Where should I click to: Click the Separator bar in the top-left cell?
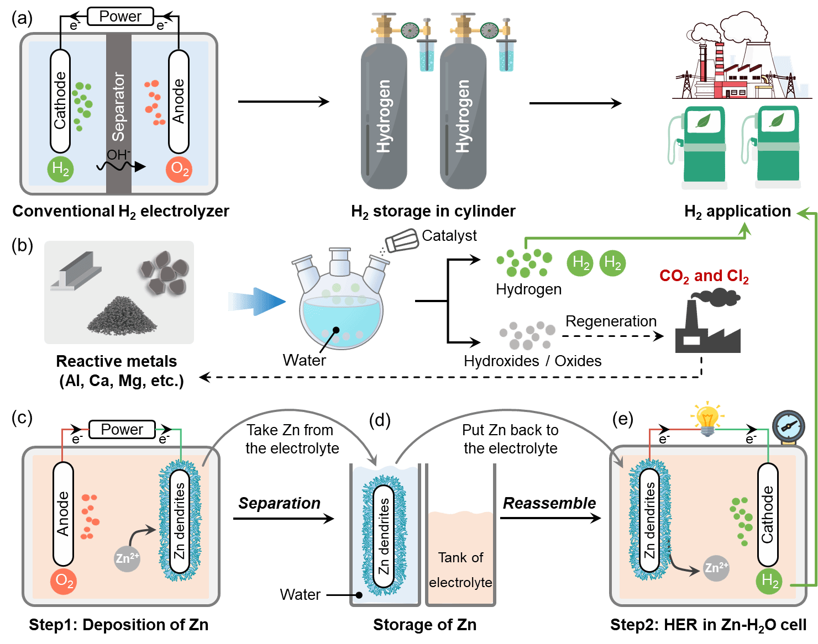click(x=119, y=110)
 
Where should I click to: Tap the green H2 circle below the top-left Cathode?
click(x=60, y=169)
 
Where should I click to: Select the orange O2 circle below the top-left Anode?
click(x=179, y=169)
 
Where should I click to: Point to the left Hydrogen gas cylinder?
click(x=384, y=116)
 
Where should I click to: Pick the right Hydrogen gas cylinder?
click(x=463, y=116)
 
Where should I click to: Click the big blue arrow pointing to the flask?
click(x=256, y=302)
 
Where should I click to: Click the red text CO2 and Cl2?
click(x=704, y=276)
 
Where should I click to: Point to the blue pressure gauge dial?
click(x=789, y=426)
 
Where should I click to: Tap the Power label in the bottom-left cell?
click(x=122, y=430)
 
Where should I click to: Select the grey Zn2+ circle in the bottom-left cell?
click(x=127, y=559)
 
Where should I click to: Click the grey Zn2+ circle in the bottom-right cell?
click(x=716, y=568)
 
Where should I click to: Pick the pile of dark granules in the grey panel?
click(x=122, y=316)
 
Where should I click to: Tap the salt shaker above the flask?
click(x=402, y=241)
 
